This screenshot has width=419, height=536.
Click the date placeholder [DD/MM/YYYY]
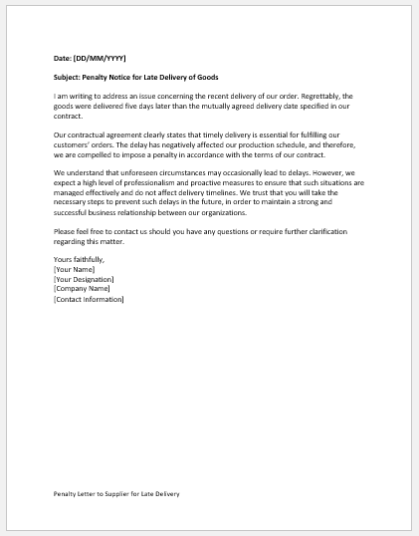(x=101, y=59)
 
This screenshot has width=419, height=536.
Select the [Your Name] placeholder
(x=76, y=269)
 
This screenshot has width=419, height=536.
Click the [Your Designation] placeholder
(x=84, y=279)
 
